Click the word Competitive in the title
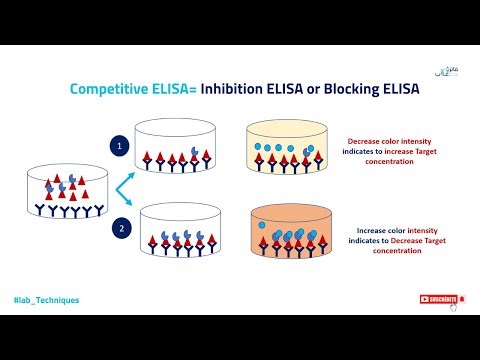(110, 89)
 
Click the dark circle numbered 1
(119, 145)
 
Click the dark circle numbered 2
(119, 229)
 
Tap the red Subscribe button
(438, 299)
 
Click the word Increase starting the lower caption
(370, 229)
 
